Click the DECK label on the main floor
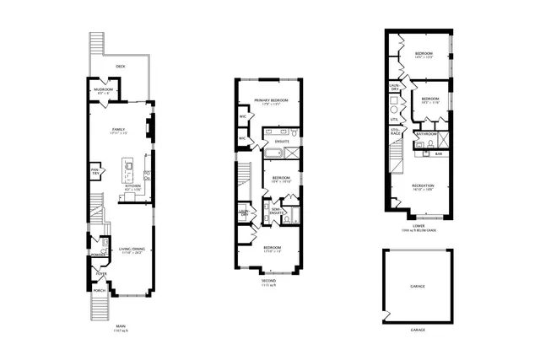121,65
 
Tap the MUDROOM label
104,88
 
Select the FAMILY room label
119,130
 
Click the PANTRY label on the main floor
95,174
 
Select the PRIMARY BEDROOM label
271,100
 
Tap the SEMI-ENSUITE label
276,211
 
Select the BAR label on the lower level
438,153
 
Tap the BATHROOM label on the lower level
427,134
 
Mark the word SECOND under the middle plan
270,281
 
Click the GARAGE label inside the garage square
417,287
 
